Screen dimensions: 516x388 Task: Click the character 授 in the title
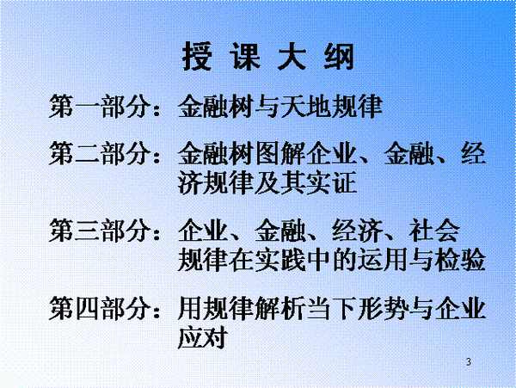(196, 56)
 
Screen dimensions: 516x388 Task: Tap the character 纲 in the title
(339, 56)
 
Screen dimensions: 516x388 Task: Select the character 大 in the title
(292, 56)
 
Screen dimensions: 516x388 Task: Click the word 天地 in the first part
(306, 106)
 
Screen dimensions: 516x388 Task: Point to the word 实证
(332, 182)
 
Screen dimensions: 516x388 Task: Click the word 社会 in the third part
(434, 231)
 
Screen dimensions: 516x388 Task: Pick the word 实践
(280, 259)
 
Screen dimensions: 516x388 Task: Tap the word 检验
(460, 259)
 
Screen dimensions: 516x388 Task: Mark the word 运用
(383, 259)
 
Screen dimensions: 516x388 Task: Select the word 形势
(383, 308)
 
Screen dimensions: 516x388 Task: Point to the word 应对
(203, 337)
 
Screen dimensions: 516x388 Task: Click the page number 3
(469, 361)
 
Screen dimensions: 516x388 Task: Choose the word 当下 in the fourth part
(332, 308)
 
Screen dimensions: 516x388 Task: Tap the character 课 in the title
(244, 56)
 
